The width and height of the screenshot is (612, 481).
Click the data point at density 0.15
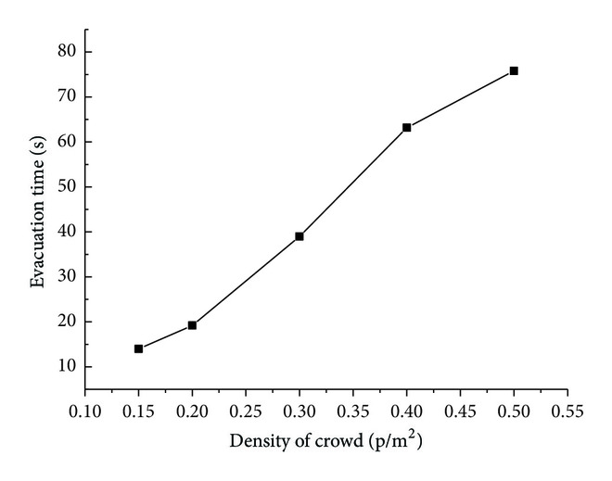pos(138,348)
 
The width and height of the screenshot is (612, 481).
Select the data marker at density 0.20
pos(192,325)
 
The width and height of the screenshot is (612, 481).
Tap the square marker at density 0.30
pos(300,236)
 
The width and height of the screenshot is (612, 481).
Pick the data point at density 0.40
pos(406,127)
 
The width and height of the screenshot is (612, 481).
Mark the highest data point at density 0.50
pos(514,70)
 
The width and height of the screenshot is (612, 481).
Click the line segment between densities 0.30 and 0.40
pos(353,182)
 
